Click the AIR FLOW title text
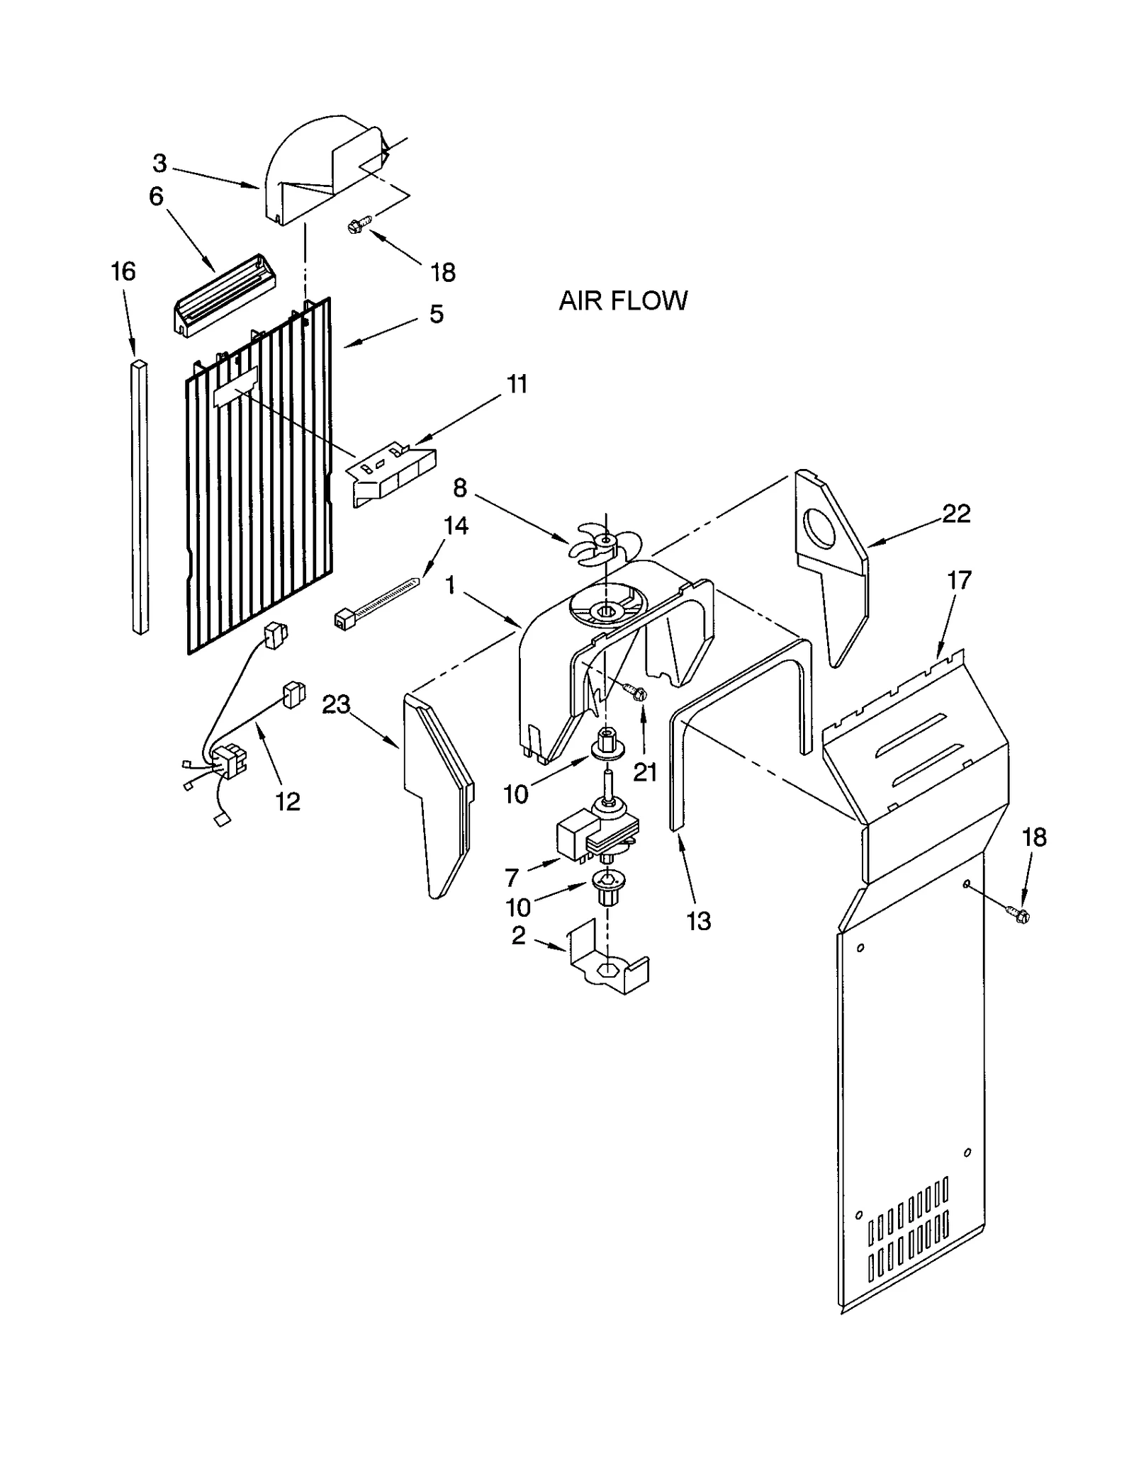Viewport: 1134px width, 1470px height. [x=622, y=300]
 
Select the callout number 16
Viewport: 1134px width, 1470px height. [x=123, y=271]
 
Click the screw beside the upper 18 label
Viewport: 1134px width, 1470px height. [x=356, y=226]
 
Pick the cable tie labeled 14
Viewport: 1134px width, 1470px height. [x=376, y=602]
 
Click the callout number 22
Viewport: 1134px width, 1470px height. [x=955, y=513]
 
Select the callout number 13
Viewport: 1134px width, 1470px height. [x=698, y=921]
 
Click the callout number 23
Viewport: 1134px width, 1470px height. [x=336, y=704]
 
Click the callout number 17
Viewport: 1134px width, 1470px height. [x=958, y=580]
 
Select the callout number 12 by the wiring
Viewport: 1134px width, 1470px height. [x=288, y=801]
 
